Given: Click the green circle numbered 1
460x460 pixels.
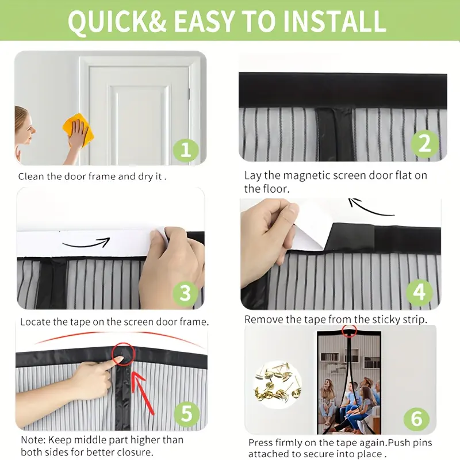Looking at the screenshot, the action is click(x=186, y=149).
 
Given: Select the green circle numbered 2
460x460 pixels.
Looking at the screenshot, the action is click(x=424, y=144).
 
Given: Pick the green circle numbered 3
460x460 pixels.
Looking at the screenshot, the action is click(x=185, y=293).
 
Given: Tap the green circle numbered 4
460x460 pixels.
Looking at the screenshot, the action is click(x=419, y=292).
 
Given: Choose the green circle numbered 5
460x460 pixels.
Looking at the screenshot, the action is click(x=187, y=413).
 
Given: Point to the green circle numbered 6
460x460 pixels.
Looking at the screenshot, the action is click(x=416, y=419).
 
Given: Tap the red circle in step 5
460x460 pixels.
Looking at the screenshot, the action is click(x=123, y=354).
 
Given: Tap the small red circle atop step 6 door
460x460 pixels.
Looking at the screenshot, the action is click(x=349, y=331).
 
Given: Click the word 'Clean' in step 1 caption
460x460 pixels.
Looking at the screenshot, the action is click(x=31, y=177).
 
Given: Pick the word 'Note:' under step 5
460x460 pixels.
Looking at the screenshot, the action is click(x=33, y=440).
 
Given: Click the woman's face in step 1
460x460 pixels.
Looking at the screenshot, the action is click(x=26, y=126).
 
